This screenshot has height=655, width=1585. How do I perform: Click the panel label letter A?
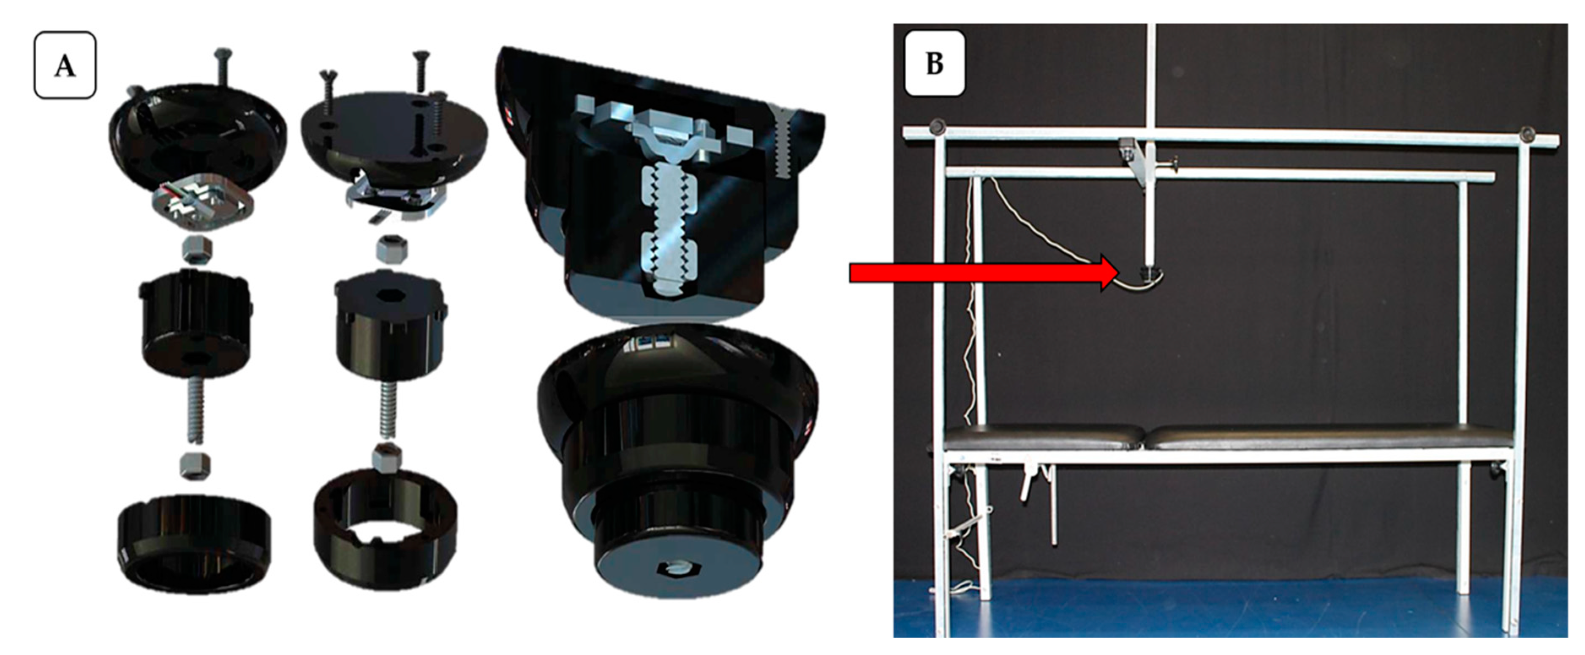pos(65,65)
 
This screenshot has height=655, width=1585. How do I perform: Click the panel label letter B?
pos(934,63)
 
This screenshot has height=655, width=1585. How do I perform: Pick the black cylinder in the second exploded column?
pos(389,324)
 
